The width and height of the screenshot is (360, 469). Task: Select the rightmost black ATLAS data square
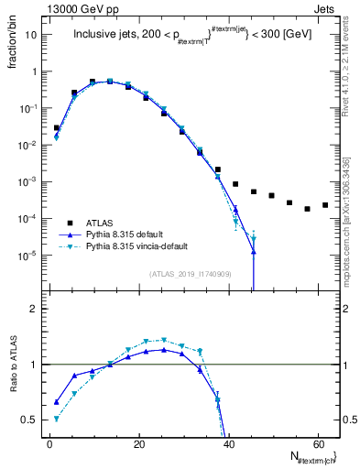(x=325, y=205)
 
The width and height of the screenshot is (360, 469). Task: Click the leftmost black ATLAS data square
(x=57, y=128)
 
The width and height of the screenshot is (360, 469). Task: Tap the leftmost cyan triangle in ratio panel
(x=57, y=419)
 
